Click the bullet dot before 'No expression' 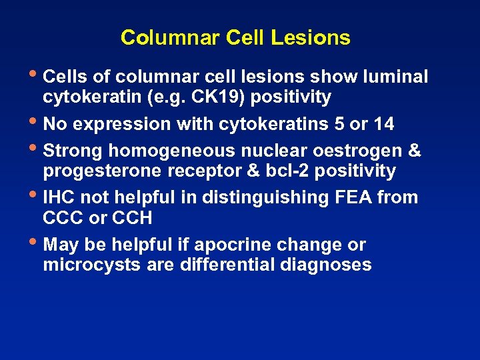click(35, 122)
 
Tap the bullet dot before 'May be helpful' click(35, 243)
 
